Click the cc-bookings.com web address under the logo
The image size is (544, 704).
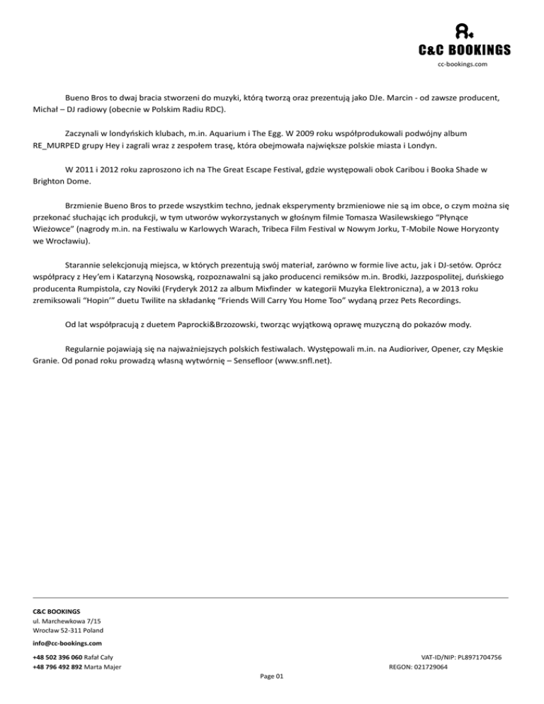coord(463,64)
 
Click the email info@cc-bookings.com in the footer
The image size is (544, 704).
coord(67,643)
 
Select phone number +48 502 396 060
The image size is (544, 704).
coord(57,658)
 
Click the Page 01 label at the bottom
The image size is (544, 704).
coord(272,676)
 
